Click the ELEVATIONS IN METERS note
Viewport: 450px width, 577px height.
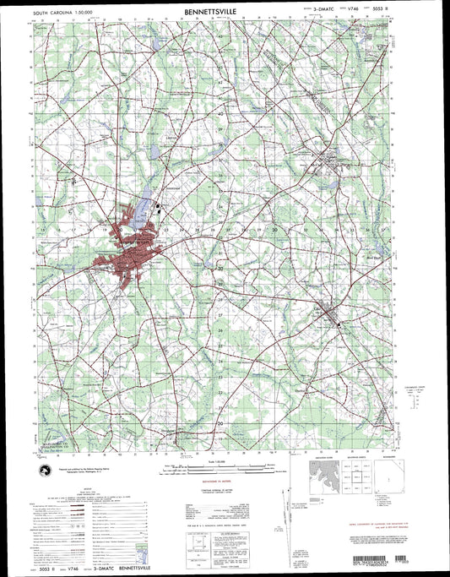(221, 487)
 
